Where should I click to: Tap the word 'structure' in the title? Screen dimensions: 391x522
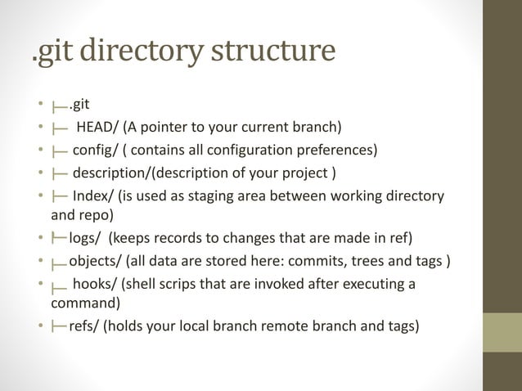click(x=274, y=51)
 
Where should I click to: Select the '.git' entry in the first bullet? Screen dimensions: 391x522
click(x=79, y=104)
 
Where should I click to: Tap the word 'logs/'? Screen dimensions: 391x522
click(x=86, y=239)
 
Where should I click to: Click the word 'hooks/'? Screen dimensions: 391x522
click(x=93, y=284)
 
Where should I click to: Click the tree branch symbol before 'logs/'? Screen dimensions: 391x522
click(x=59, y=239)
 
